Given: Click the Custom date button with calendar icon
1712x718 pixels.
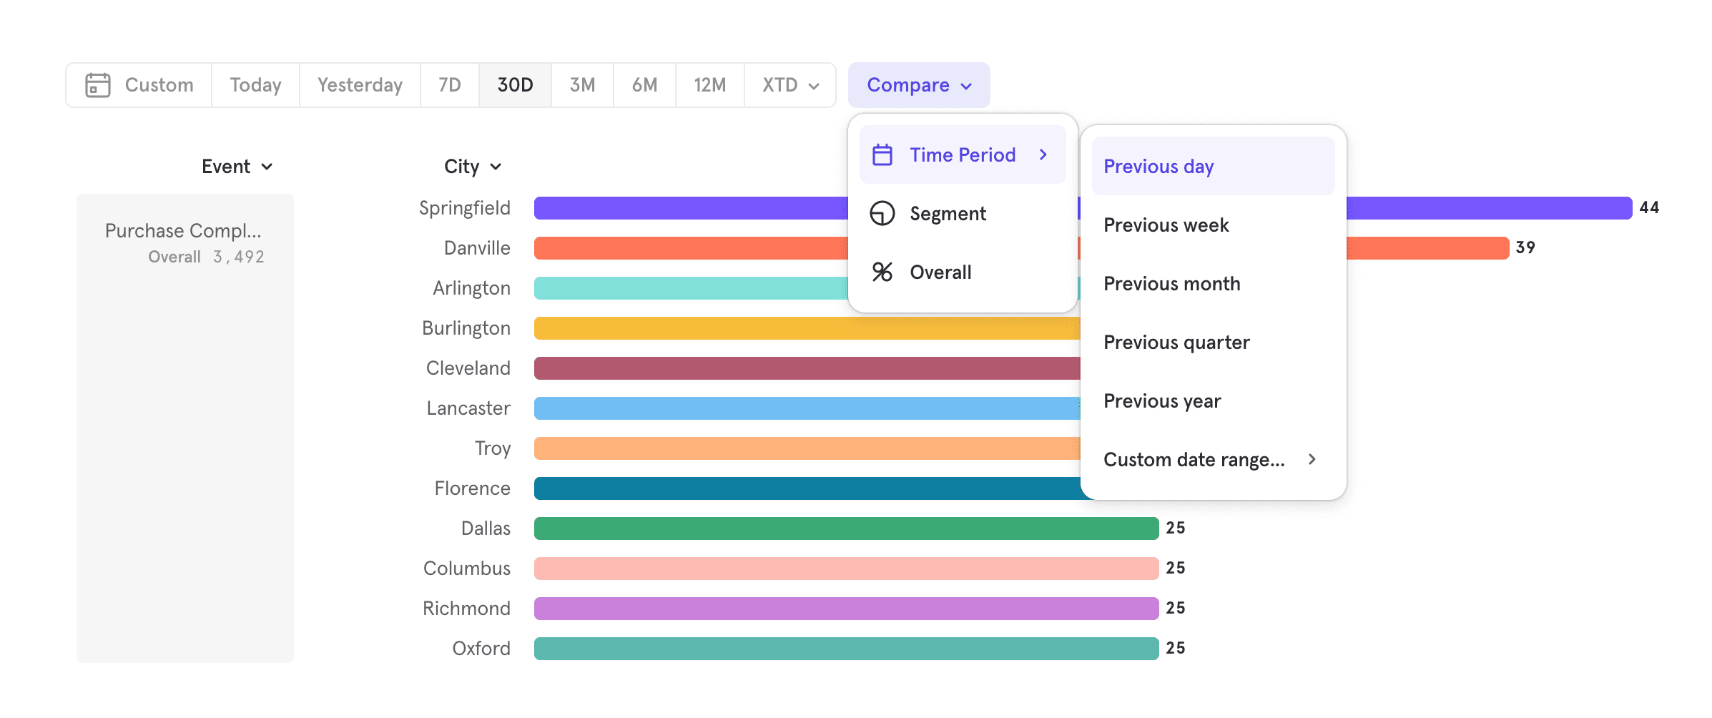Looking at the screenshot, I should pos(139,85).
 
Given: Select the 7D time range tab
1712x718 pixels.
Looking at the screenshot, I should pos(449,85).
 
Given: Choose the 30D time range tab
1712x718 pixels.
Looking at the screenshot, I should pos(515,85).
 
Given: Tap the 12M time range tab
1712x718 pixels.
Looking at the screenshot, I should pos(709,85).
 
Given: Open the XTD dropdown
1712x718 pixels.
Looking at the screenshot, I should pos(789,85).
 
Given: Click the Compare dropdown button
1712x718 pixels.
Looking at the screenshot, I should pos(918,85).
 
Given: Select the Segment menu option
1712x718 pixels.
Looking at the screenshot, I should pos(947,214).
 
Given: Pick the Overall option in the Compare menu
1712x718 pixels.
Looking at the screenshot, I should pos(940,272).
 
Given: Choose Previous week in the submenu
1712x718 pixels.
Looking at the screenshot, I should pos(1166,225).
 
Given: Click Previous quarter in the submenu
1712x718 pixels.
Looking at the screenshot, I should pos(1176,343).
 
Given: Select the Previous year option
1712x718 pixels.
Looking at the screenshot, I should pos(1162,401).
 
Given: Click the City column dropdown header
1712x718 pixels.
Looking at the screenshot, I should pos(472,167).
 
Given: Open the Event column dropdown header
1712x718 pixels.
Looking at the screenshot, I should pos(237,167).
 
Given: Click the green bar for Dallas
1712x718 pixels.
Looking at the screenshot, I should pos(845,528).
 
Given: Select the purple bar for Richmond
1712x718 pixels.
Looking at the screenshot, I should pos(845,609).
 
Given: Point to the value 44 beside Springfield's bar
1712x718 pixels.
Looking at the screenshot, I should pos(1649,207).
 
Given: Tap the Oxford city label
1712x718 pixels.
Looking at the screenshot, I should pos(481,649).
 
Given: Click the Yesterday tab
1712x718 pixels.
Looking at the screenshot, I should pos(360,85).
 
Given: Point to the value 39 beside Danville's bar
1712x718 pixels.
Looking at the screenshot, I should pos(1525,247).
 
